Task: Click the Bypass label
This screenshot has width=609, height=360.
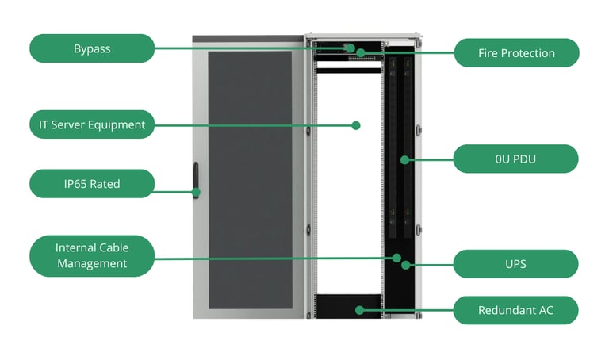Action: [x=92, y=48]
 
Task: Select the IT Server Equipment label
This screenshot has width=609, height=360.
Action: [x=92, y=124]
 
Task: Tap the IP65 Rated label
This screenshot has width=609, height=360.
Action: [x=92, y=184]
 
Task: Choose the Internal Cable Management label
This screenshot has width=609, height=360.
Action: [x=92, y=255]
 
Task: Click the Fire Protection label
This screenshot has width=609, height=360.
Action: [x=516, y=53]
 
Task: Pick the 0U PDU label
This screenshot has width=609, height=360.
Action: [x=515, y=159]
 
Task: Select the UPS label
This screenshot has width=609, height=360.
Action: [x=515, y=264]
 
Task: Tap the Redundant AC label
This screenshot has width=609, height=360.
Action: [x=515, y=310]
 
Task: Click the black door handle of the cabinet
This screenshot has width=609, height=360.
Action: [x=194, y=180]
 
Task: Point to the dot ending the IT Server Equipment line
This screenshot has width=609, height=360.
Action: [x=356, y=125]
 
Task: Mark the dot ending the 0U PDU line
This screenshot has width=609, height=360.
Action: [x=404, y=159]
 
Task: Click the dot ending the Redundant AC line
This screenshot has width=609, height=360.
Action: [x=360, y=310]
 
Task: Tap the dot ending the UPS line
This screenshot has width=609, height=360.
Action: [x=405, y=264]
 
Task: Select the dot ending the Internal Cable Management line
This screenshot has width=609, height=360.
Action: [x=396, y=257]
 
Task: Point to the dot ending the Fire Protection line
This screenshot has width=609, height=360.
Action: [x=361, y=53]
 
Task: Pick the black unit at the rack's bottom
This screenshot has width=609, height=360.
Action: [x=349, y=304]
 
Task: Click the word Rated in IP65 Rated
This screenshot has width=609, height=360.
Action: [x=105, y=184]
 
